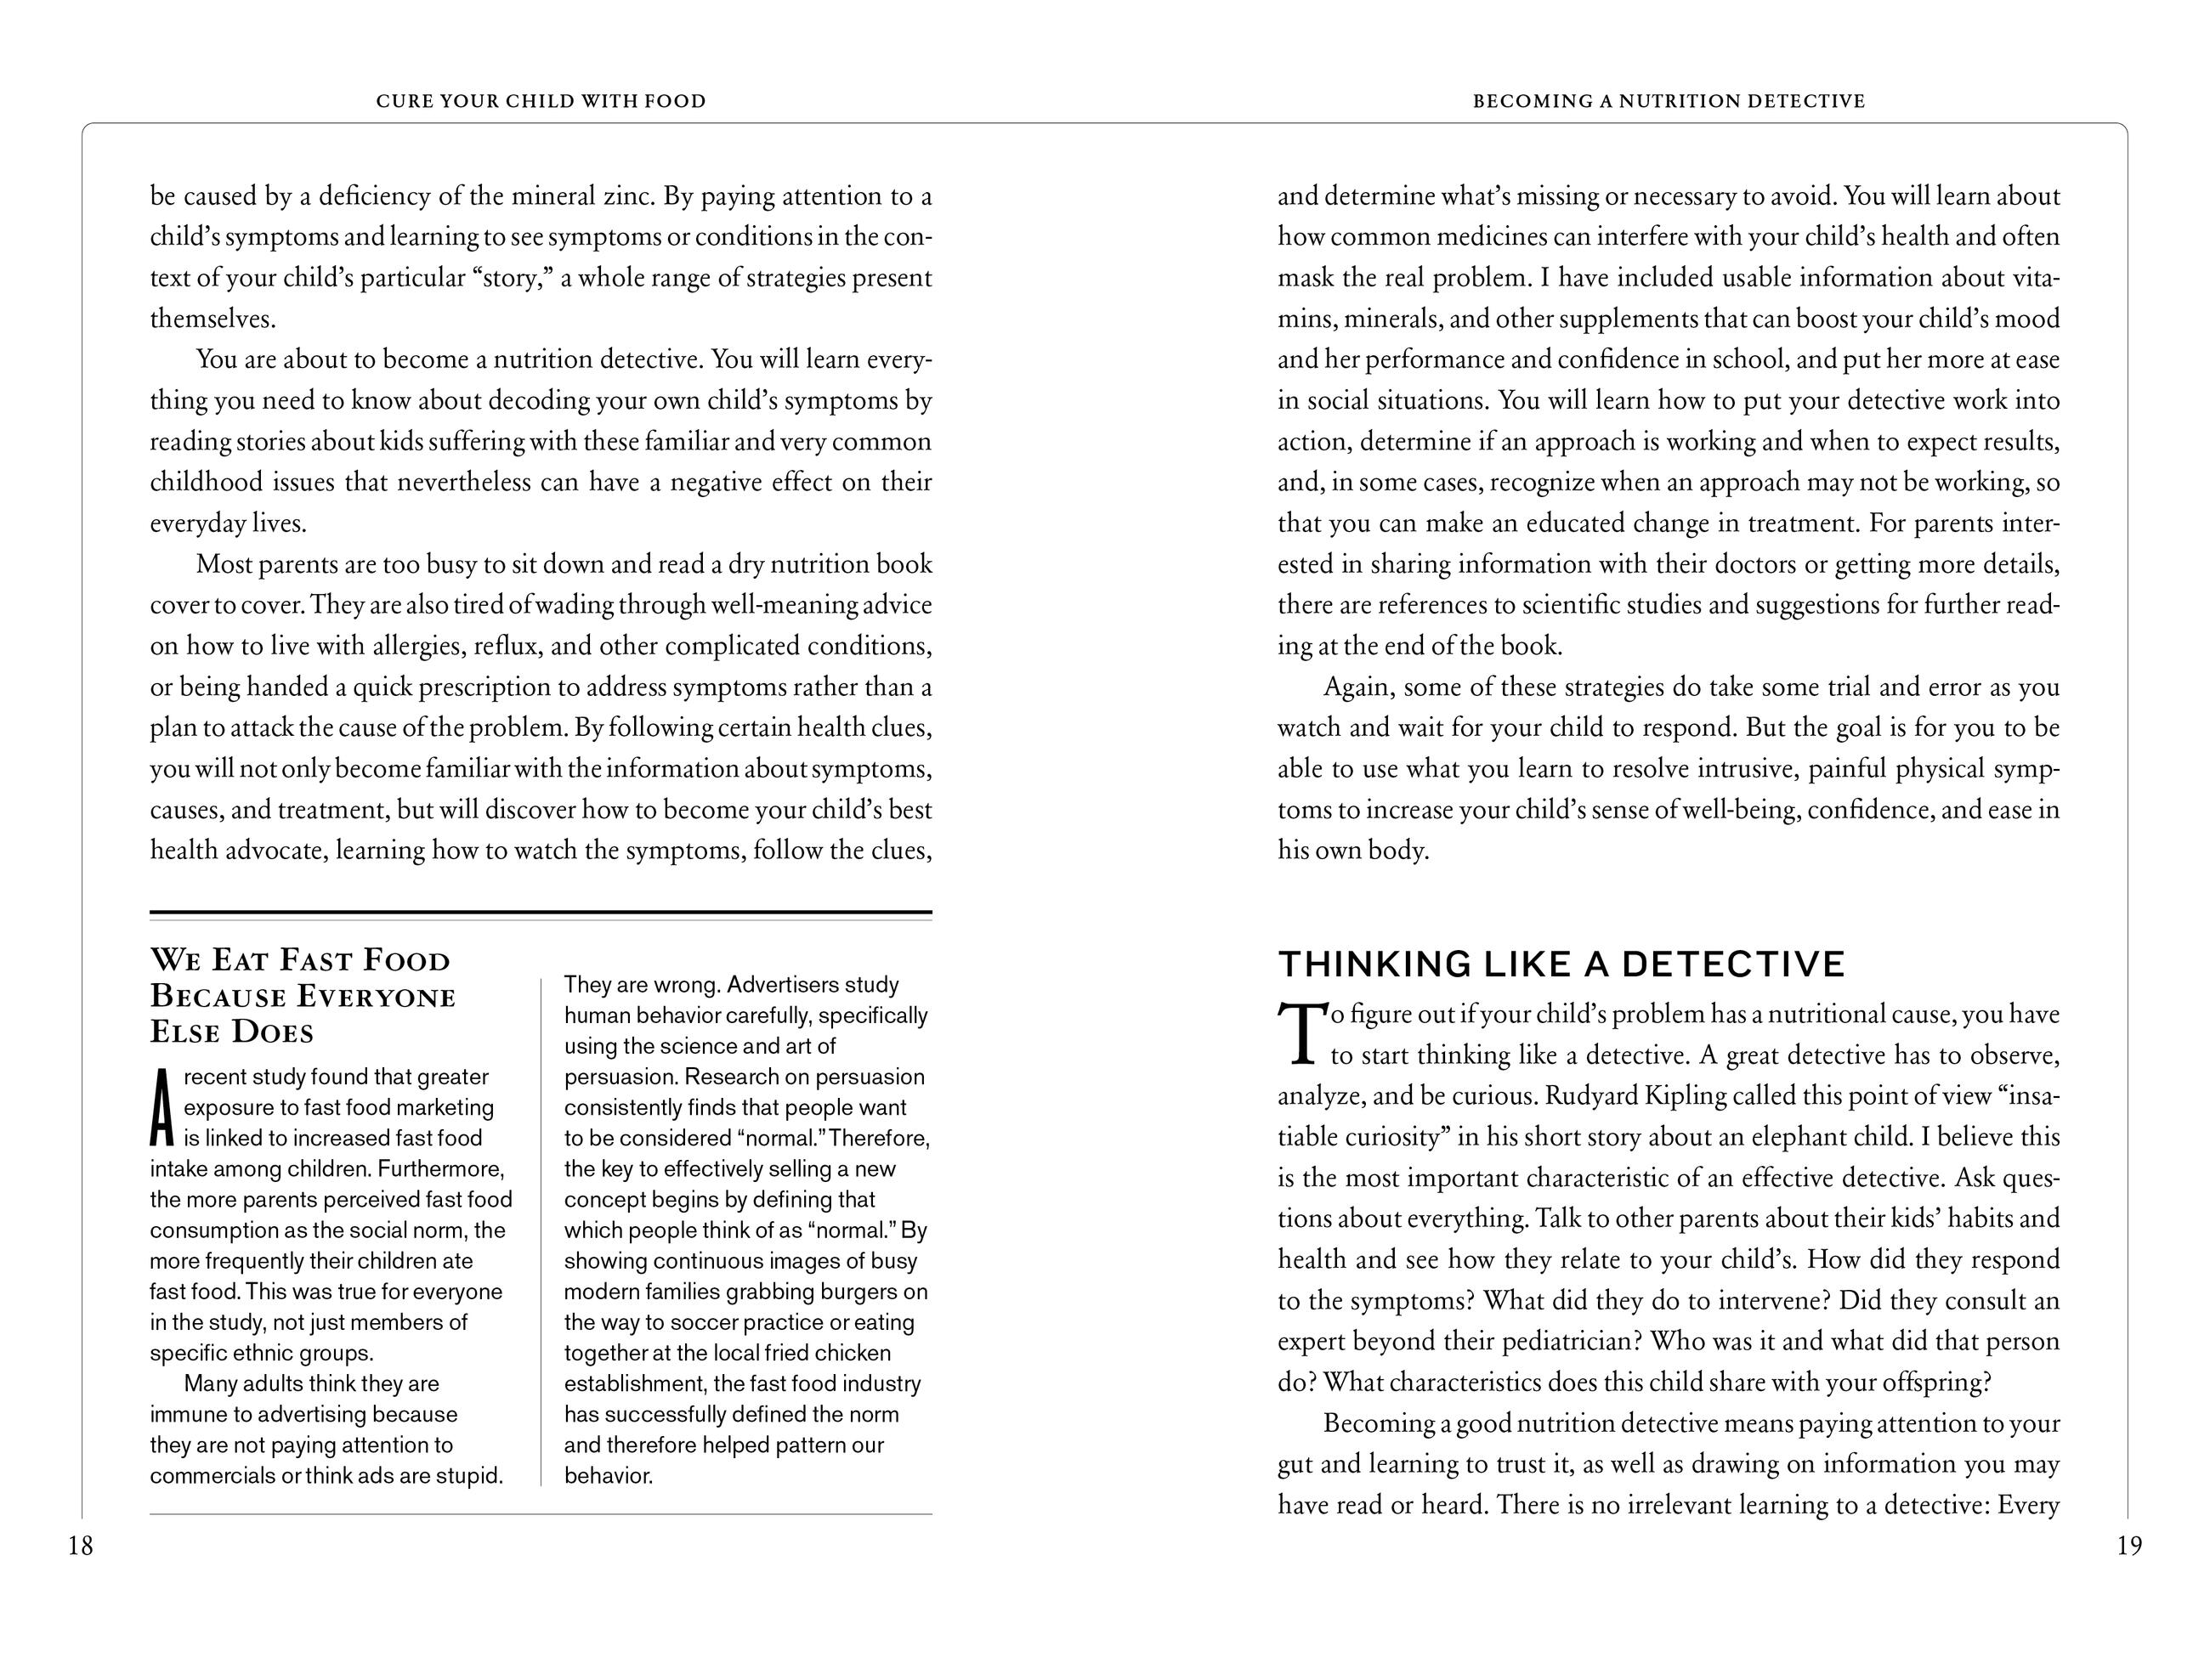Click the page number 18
pyautogui.click(x=80, y=1547)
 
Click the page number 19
pyautogui.click(x=2129, y=1547)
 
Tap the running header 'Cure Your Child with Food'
pyautogui.click(x=541, y=101)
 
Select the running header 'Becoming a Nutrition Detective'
pyautogui.click(x=1669, y=101)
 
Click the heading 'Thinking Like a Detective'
pyautogui.click(x=1561, y=964)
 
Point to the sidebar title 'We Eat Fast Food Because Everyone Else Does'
pyautogui.click(x=303, y=995)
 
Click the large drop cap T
pyautogui.click(x=1300, y=1034)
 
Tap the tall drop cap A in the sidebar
pyautogui.click(x=161, y=1108)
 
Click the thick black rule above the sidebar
pyautogui.click(x=541, y=912)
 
